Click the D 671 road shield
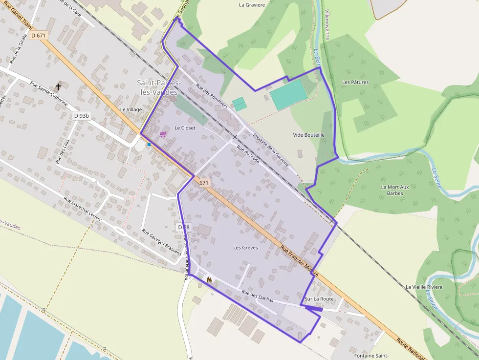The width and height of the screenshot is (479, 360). tap(38, 35)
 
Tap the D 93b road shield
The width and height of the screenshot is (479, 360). tap(81, 116)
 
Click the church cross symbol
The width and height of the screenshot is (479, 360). tap(58, 87)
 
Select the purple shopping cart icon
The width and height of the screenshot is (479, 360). tap(163, 133)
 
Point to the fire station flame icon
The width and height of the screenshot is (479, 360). tap(209, 280)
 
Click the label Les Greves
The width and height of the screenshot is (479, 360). tap(245, 248)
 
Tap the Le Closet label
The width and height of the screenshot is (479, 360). tap(185, 128)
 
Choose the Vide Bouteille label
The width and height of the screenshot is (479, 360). tap(308, 135)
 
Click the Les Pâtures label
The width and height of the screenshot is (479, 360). tap(355, 82)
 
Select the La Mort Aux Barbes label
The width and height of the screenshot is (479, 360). tap(394, 190)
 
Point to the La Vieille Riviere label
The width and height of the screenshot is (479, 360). tap(424, 287)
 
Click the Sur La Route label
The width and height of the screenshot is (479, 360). tap(319, 299)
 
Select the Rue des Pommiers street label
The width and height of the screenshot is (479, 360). tap(212, 96)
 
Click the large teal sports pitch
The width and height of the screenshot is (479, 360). tap(288, 95)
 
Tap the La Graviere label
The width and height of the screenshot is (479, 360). tap(252, 5)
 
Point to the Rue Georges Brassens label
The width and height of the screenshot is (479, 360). tap(162, 242)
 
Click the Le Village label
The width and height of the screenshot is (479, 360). tap(131, 109)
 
